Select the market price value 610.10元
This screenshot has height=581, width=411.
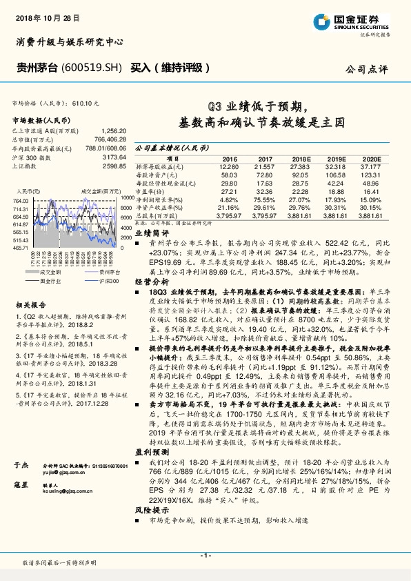click(85, 102)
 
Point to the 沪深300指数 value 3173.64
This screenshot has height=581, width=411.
click(110, 158)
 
